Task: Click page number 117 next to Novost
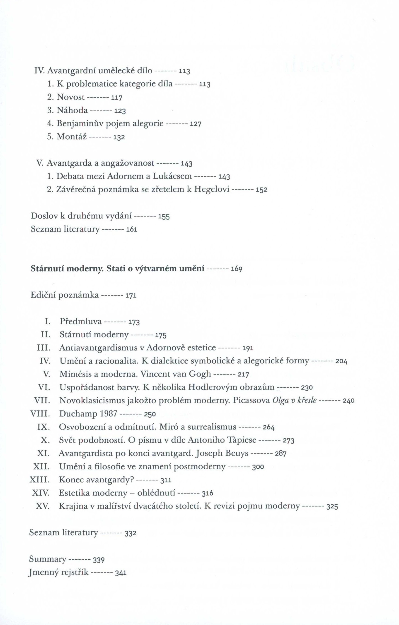click(117, 98)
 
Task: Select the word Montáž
click(71, 136)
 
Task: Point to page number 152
click(261, 190)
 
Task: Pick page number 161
click(131, 230)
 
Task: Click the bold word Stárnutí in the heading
click(48, 269)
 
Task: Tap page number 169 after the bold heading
click(237, 269)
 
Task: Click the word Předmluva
click(81, 322)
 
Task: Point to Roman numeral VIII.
click(40, 414)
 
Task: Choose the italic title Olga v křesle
click(295, 401)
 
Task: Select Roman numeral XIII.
click(39, 480)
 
